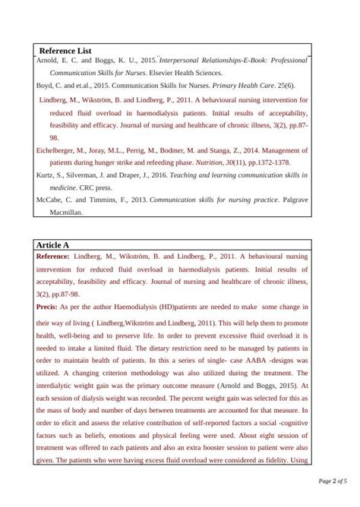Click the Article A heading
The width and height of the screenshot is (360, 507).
(x=52, y=245)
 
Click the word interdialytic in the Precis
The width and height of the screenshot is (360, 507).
(x=58, y=386)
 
